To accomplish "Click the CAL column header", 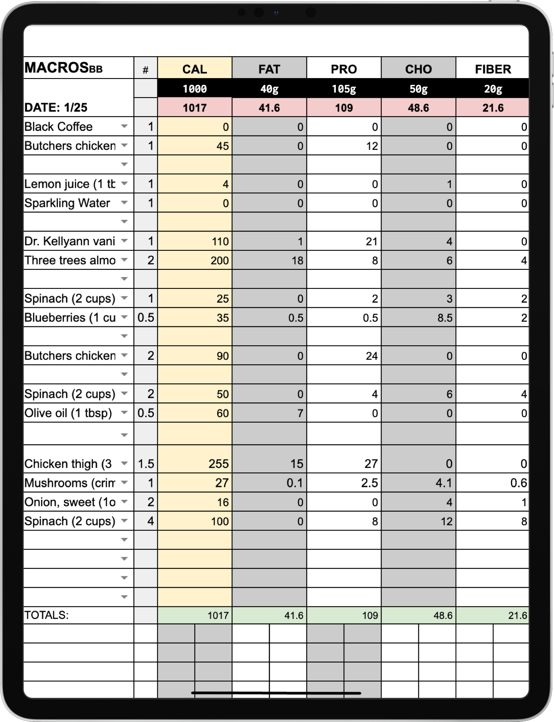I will (194, 69).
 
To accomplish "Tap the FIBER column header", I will (493, 69).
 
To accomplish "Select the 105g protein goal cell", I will (344, 89).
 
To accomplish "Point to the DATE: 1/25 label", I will (56, 108).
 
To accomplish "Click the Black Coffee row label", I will (58, 127).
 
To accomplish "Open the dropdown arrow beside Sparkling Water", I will (124, 203).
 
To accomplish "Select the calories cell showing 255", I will (218, 464).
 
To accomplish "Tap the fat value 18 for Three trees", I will (297, 261).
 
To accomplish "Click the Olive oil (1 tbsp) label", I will (68, 413).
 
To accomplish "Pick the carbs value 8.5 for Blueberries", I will (445, 318).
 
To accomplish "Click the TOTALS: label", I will (46, 615).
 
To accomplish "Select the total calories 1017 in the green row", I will (218, 616).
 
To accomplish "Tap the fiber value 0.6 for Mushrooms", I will (518, 483).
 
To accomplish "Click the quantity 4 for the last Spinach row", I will (150, 521).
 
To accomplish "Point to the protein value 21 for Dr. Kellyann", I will (371, 242).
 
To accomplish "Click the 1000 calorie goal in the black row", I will (194, 89).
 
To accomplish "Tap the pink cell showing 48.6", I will (418, 108).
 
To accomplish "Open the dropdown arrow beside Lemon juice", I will (124, 184).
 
